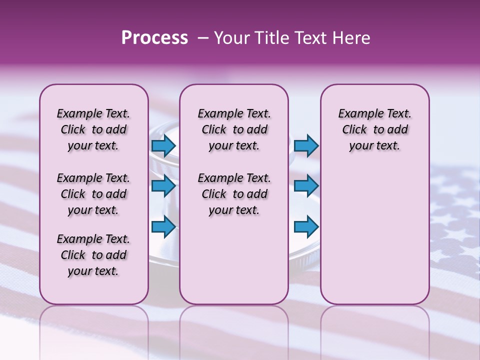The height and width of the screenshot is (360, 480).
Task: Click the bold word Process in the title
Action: click(x=154, y=38)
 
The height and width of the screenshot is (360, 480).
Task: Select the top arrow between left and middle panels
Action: click(x=163, y=146)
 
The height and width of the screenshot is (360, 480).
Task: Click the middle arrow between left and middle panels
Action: click(x=163, y=186)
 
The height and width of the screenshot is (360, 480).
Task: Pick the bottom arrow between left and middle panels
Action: click(x=163, y=226)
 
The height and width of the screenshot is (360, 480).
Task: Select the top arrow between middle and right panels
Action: click(x=306, y=146)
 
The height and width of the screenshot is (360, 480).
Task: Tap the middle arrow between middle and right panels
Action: click(x=306, y=186)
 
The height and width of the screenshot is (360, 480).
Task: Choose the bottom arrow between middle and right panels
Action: click(x=306, y=226)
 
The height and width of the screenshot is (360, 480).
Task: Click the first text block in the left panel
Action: click(x=93, y=129)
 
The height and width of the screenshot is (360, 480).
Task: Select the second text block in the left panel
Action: click(x=93, y=194)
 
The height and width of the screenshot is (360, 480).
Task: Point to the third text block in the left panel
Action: click(x=93, y=255)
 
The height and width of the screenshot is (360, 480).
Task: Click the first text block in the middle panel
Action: click(x=234, y=129)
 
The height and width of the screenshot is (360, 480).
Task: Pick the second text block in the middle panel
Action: click(x=234, y=194)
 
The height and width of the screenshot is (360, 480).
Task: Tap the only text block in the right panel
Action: click(x=374, y=129)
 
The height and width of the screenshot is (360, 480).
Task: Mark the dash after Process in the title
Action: click(x=203, y=38)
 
